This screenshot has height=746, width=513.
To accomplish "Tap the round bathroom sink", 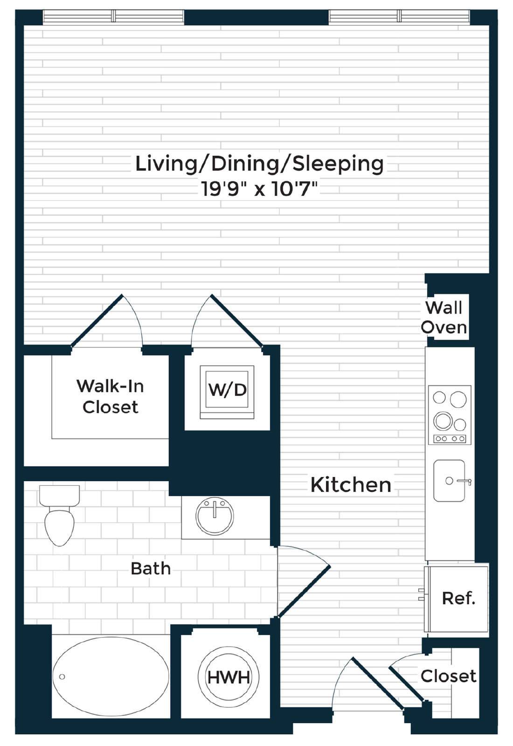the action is click(x=215, y=516).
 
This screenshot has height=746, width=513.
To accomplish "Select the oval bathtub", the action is click(x=111, y=677).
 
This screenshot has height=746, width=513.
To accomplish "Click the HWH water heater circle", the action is click(x=229, y=677).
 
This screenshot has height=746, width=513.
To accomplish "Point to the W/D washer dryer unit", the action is click(x=227, y=392).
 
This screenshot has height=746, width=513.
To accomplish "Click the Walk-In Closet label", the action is click(x=110, y=396).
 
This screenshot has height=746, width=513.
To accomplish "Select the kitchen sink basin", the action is click(x=450, y=481).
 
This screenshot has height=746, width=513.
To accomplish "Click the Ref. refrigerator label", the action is click(x=459, y=599).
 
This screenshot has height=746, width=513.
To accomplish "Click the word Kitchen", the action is click(x=351, y=485).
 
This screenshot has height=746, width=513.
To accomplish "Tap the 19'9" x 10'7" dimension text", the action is click(x=259, y=189).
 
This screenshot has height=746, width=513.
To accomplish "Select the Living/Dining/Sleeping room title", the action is click(x=259, y=164).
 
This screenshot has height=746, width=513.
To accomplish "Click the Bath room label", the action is click(x=151, y=568).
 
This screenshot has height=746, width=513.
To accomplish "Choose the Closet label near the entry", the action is click(x=448, y=676).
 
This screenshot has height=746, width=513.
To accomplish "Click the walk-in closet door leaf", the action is click(x=97, y=320).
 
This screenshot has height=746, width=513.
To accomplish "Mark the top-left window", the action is click(x=113, y=17).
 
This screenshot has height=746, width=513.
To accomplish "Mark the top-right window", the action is click(x=399, y=17).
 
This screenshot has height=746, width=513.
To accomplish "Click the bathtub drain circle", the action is click(x=62, y=677).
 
